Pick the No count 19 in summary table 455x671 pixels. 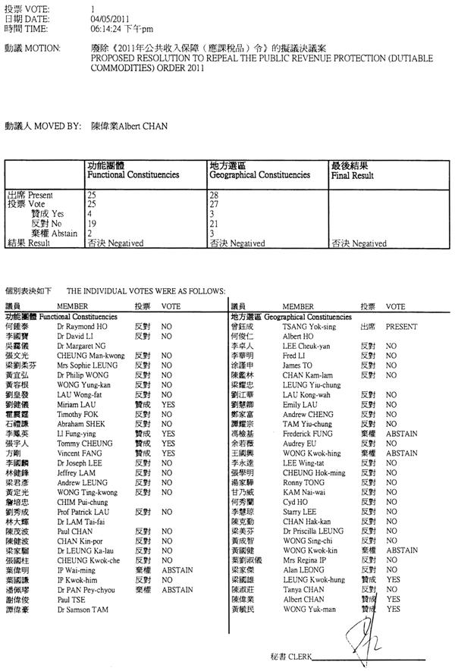coord(93,224)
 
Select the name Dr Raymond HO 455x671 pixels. coord(78,323)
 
